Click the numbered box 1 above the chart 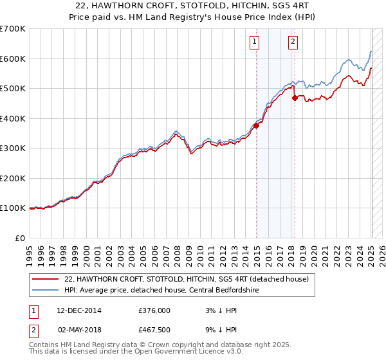(254, 42)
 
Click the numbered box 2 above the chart (293, 42)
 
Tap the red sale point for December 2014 (256, 126)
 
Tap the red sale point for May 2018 (295, 98)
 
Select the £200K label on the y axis (13, 178)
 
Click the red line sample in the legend (45, 279)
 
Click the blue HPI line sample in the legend (45, 290)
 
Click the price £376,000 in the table (154, 310)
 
